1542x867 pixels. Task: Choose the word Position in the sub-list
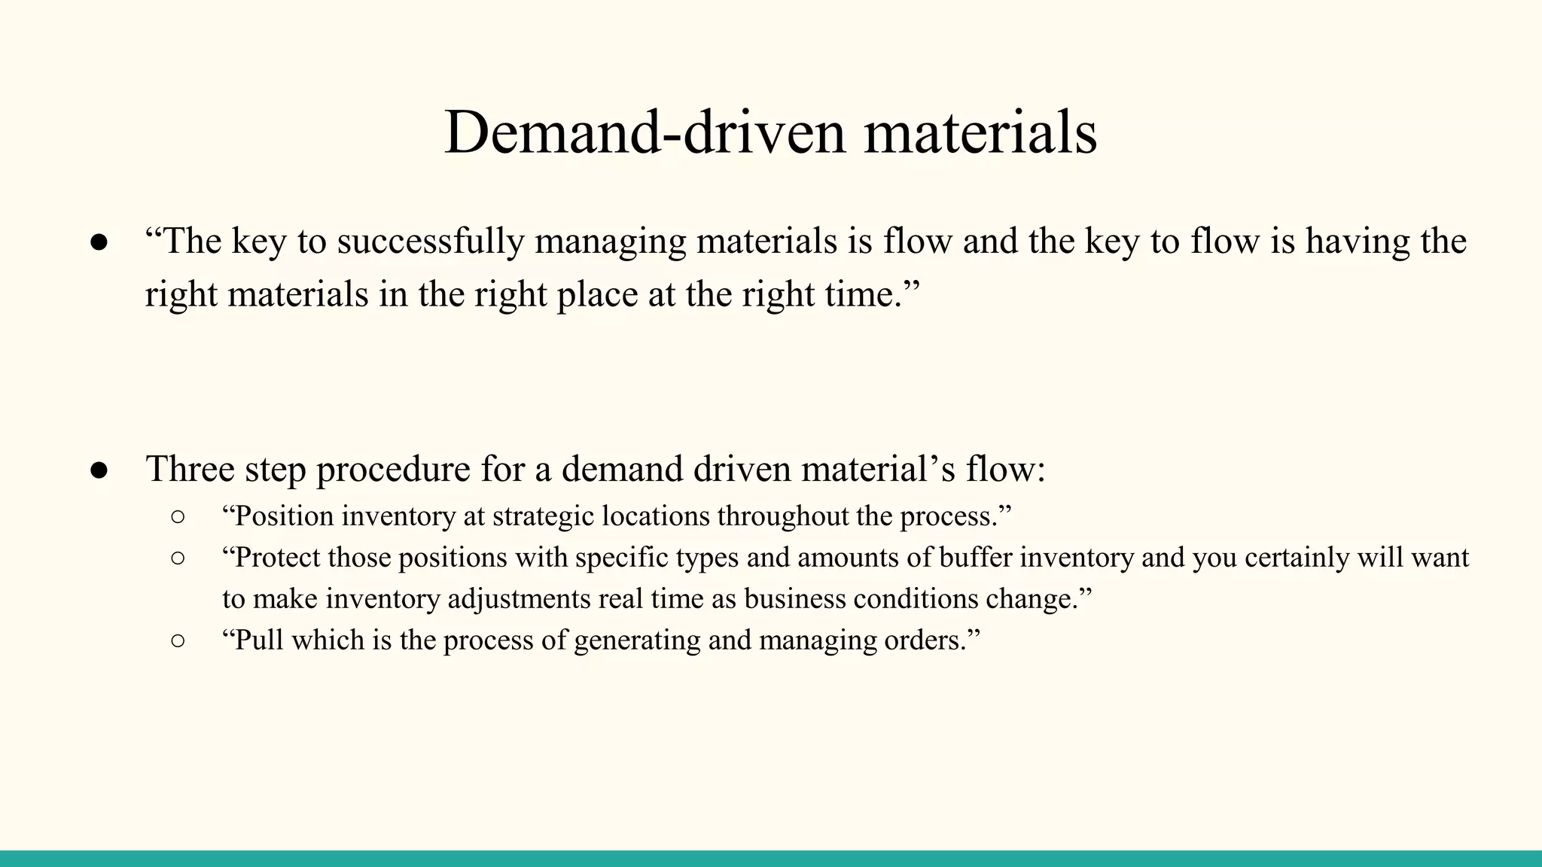pos(283,516)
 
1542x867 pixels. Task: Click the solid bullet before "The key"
pos(99,242)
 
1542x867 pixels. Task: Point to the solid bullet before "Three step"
pos(99,470)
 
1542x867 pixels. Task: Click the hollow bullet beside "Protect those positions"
pos(178,558)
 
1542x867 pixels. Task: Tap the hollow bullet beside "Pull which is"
pos(178,641)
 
